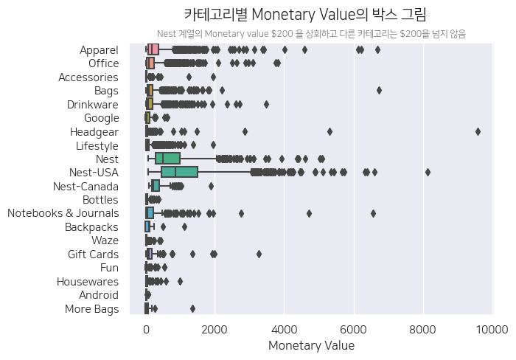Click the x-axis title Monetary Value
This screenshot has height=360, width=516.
tap(311, 345)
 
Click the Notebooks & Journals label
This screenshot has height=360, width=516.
tap(63, 213)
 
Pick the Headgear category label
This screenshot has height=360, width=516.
tap(94, 131)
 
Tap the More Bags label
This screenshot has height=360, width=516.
tap(94, 308)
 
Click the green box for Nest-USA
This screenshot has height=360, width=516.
tap(179, 172)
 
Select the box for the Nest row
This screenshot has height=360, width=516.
tap(167, 159)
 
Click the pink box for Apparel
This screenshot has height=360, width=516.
tap(153, 49)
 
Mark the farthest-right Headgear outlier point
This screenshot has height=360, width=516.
tap(478, 131)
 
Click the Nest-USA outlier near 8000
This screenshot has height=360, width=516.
tap(428, 172)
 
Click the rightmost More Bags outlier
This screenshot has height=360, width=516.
tap(192, 308)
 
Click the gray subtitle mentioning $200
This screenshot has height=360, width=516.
tap(311, 34)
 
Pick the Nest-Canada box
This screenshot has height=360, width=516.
tap(156, 186)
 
